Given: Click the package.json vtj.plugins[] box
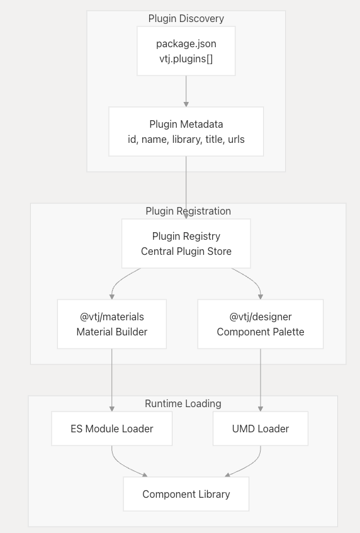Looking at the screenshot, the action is click(186, 51).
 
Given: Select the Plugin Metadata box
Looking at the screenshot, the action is click(186, 132).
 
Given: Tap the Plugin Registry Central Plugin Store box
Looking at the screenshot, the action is click(186, 244).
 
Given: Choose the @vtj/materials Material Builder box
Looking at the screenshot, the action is click(112, 324).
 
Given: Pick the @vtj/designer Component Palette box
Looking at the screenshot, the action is click(261, 324).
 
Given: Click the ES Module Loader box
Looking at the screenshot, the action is click(112, 429).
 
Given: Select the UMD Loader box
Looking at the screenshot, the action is click(261, 429).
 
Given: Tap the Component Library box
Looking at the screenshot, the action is click(186, 494).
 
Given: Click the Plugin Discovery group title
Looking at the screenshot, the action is click(186, 18).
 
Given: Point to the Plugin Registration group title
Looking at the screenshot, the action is click(188, 211).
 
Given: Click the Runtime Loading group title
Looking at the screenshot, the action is click(183, 403).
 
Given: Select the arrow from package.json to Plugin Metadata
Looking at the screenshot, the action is click(186, 91).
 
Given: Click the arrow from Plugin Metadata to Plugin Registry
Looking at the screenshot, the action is click(186, 188).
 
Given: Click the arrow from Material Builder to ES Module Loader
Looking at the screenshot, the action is click(112, 380).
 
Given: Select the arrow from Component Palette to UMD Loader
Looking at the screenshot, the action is click(261, 380).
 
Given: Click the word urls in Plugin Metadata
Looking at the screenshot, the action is click(236, 139).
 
